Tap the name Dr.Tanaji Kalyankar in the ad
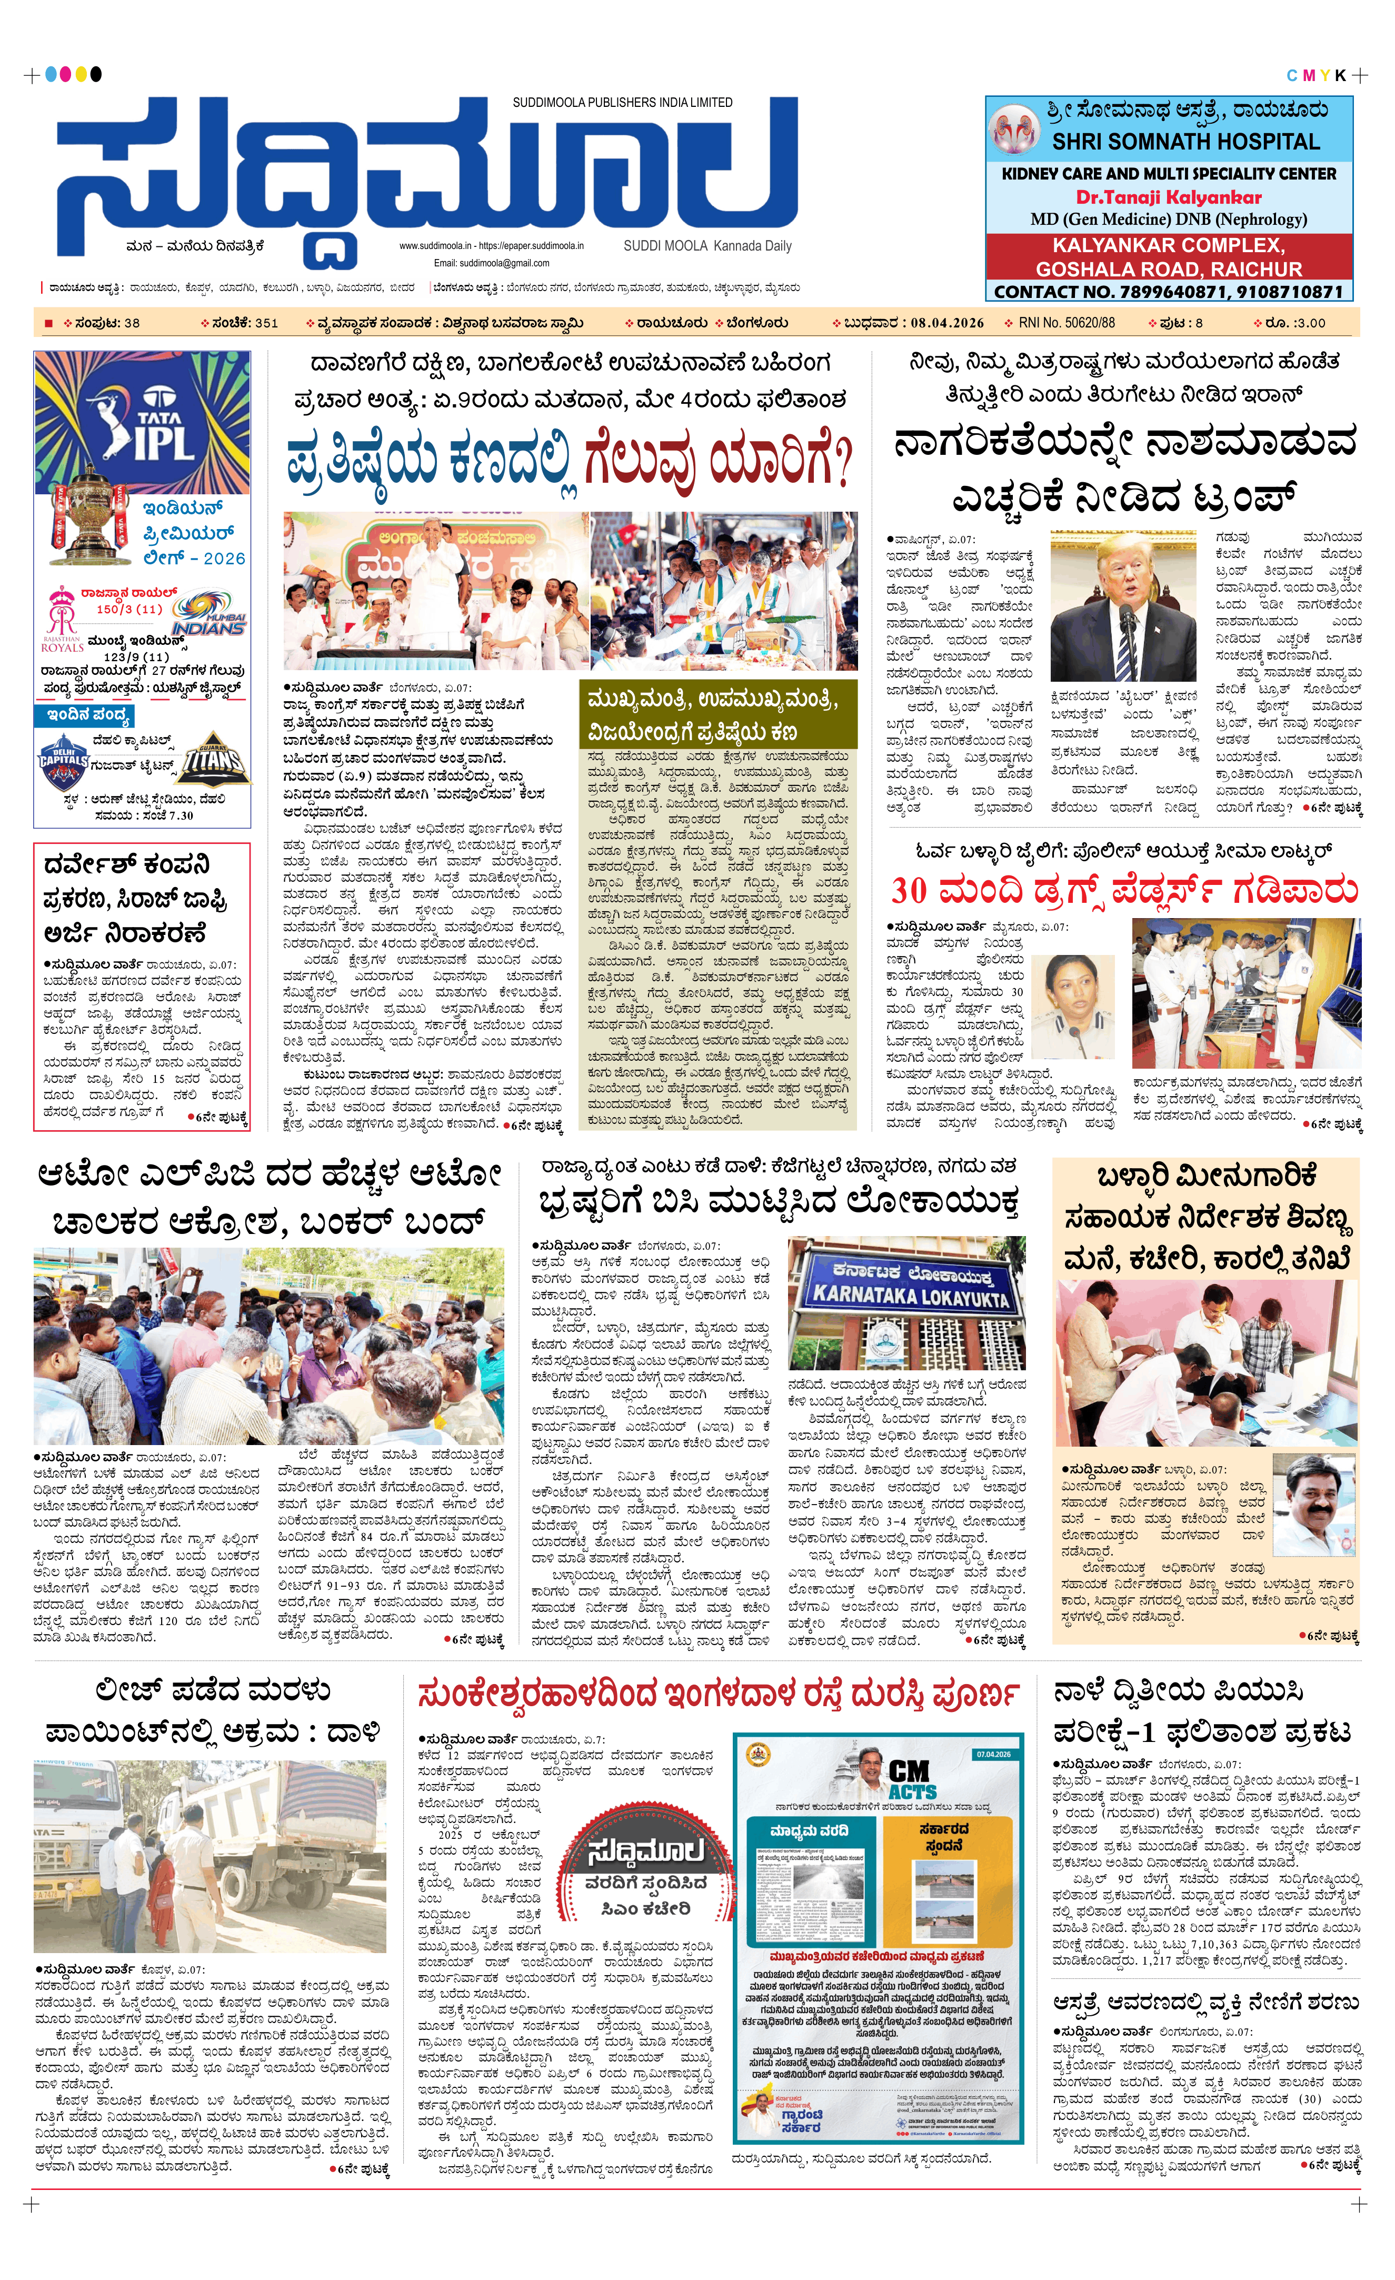(x=1168, y=197)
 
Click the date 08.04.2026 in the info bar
(x=946, y=323)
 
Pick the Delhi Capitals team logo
(x=62, y=761)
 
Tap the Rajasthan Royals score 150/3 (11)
(x=129, y=609)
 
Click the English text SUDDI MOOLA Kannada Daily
(x=707, y=246)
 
